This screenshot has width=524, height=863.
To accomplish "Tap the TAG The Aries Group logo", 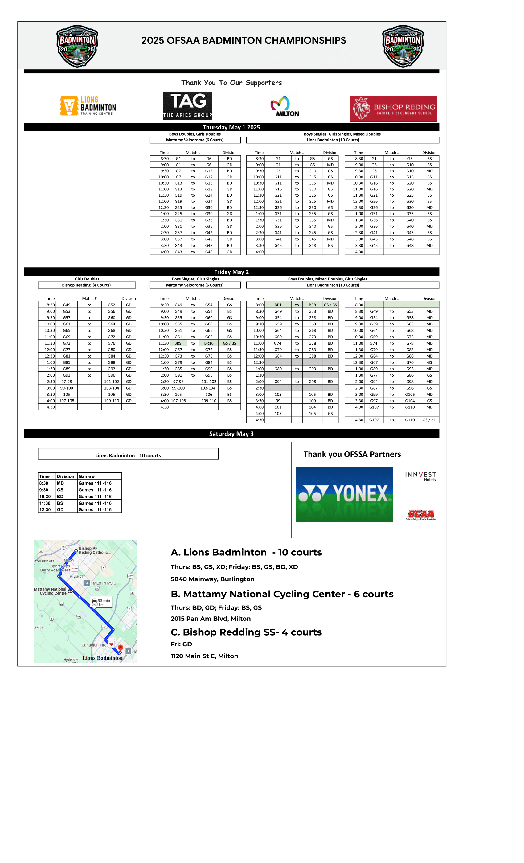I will click(x=187, y=106).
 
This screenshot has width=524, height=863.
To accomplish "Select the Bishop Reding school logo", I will click(x=393, y=108).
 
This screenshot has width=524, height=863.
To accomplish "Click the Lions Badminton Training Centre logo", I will click(x=88, y=106).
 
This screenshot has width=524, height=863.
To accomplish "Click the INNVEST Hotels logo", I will click(x=420, y=476).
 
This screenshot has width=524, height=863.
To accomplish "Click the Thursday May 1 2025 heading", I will click(x=231, y=127).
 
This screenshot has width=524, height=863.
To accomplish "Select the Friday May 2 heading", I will click(x=231, y=272).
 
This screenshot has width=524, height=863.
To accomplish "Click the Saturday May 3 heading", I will click(x=231, y=434).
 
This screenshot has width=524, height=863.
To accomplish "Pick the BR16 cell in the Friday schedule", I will click(x=209, y=343).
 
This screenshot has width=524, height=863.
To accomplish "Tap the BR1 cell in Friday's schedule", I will click(x=278, y=305).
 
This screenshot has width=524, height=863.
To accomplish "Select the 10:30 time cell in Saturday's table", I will click(x=45, y=496).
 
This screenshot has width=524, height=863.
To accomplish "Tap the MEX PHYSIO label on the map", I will click(x=104, y=583).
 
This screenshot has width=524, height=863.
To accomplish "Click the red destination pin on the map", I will click(x=121, y=648).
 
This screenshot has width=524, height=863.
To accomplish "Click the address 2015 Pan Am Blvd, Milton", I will click(x=211, y=619).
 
